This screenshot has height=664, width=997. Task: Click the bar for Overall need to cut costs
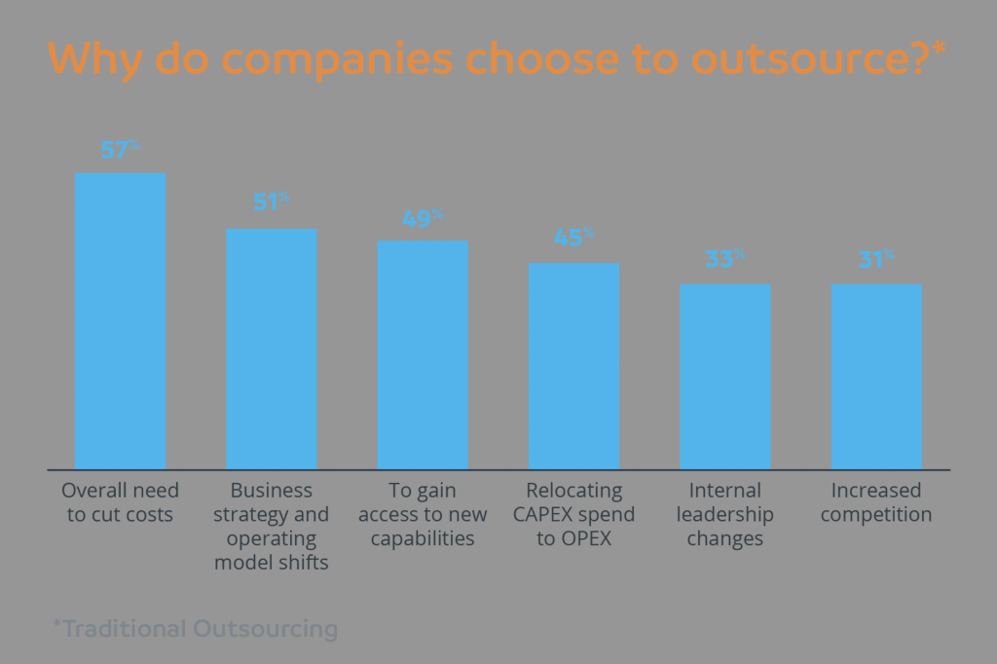coord(120,321)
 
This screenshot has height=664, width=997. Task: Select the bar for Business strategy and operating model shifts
coord(271,349)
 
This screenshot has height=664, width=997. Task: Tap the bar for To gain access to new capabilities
coord(423,354)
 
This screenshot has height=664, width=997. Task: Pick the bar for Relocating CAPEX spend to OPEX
coord(573,366)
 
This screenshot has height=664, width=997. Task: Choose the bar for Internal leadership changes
coord(724,376)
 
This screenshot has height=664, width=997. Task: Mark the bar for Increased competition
coord(876,376)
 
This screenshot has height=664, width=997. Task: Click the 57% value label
coord(120,150)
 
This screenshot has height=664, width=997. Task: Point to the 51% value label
coord(271,203)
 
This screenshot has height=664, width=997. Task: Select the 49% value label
coord(423,218)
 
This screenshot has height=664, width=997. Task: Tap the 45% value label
coord(573,239)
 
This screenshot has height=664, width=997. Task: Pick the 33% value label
coord(724,260)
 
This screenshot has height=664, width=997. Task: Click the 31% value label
coord(876,260)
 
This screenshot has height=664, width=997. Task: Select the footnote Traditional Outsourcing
coord(195,629)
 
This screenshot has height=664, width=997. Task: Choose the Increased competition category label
coord(876,502)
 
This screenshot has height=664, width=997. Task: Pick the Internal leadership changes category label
coord(724,514)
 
